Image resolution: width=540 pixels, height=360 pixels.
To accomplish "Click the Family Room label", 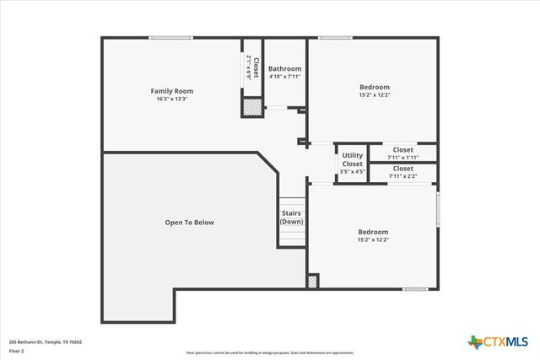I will tap(172, 90).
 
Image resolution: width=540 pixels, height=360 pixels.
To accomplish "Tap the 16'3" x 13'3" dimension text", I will tap(172, 99).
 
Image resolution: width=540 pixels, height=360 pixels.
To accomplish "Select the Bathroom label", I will tap(284, 68).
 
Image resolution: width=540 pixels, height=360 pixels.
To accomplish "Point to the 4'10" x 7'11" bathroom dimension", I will tap(284, 77).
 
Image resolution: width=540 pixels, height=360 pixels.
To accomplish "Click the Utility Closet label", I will tap(352, 159).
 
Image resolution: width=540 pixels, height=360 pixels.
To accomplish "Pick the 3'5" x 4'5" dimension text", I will tap(352, 172).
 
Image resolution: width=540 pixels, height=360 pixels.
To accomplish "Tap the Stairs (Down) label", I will tap(291, 218).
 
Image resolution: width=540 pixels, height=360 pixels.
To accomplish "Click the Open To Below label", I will tap(189, 223).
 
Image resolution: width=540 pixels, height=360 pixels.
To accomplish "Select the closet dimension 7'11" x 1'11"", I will tap(402, 157).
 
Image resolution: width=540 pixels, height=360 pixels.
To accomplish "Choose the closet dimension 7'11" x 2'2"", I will tap(402, 176).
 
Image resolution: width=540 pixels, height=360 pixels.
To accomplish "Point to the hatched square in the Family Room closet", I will tap(251, 107).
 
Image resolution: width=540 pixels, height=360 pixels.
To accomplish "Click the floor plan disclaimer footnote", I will tap(269, 352).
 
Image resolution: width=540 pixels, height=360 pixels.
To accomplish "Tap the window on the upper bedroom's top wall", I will tap(335, 37).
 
